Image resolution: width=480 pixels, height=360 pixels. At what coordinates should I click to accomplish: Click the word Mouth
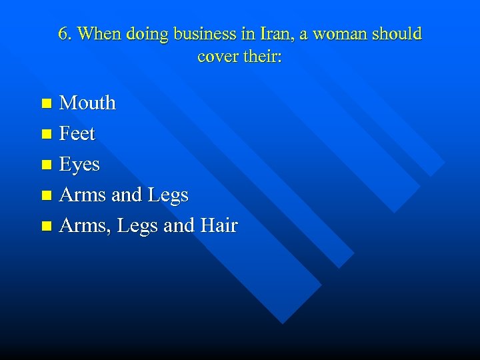[87, 103]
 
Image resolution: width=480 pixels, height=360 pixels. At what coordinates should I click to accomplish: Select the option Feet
[77, 134]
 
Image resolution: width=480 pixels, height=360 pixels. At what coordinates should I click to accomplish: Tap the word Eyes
[79, 165]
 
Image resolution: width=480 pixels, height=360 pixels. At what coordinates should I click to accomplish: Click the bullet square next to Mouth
[46, 103]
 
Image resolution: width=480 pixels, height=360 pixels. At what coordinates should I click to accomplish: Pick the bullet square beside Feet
[46, 134]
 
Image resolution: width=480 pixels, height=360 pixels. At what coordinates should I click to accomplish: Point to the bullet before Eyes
[46, 165]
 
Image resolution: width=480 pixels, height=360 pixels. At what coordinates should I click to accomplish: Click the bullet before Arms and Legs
[46, 195]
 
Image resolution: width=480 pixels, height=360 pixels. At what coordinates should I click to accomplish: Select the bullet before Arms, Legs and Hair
[46, 226]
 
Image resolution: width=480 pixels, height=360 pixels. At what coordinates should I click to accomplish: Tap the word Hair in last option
[217, 226]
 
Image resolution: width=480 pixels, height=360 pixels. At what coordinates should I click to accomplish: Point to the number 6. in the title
[65, 34]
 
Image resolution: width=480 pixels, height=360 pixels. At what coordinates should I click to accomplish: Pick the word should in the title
[399, 34]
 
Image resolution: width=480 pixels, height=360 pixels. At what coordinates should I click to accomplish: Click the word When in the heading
[98, 34]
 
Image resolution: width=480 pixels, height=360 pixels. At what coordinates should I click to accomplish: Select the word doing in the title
[148, 34]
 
